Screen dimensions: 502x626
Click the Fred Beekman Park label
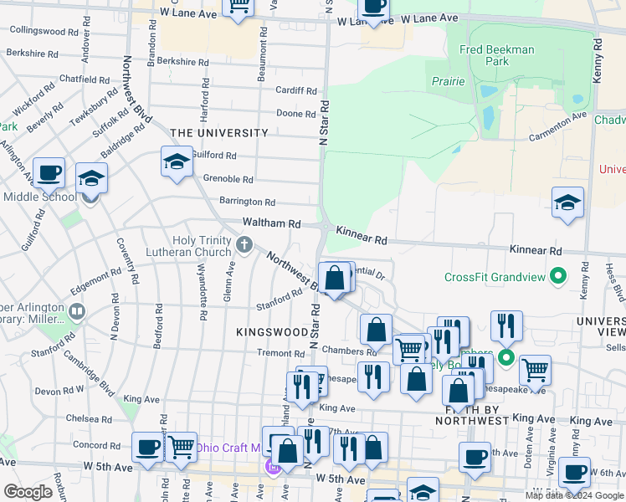click(x=496, y=55)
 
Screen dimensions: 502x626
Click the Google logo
click(x=28, y=492)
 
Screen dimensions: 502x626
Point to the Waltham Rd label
click(x=271, y=223)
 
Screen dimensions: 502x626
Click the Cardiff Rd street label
click(x=298, y=91)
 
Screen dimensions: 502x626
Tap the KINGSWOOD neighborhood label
click(x=272, y=332)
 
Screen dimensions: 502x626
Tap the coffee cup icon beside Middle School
click(x=49, y=173)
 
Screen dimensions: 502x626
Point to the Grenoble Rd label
click(x=228, y=179)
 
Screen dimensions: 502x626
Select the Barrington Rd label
click(x=247, y=202)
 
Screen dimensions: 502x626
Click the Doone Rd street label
click(x=296, y=113)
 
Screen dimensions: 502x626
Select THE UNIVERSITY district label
click(x=219, y=133)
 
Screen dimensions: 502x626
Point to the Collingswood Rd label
click(x=44, y=31)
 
